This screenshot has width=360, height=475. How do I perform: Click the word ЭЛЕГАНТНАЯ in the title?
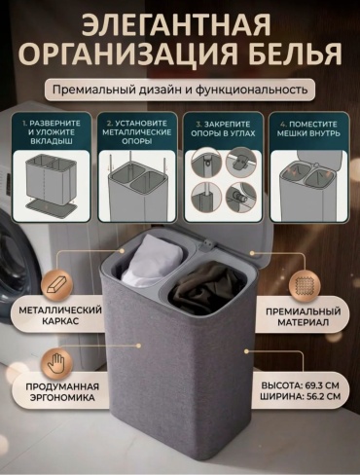175,25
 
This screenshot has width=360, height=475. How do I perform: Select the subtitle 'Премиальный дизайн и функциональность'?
180,90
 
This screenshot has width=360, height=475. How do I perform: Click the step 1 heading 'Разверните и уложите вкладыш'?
52,132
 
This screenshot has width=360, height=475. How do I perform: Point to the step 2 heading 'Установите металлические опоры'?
137,132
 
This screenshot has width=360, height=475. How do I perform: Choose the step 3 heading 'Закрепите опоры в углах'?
223,128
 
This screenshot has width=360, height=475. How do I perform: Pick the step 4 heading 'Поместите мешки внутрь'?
308,128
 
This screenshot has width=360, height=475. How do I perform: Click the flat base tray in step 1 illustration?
51,207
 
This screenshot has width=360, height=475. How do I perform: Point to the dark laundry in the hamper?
207,288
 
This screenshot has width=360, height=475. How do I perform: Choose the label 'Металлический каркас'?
60,315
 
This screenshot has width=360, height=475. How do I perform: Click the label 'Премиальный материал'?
304,317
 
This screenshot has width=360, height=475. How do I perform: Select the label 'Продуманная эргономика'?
62,392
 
